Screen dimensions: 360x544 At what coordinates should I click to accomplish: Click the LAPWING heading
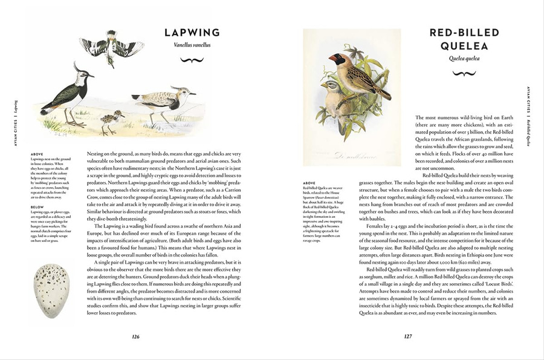(192, 33)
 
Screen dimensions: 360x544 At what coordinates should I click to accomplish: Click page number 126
(136, 337)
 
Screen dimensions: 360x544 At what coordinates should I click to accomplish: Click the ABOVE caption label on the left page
(36, 154)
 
